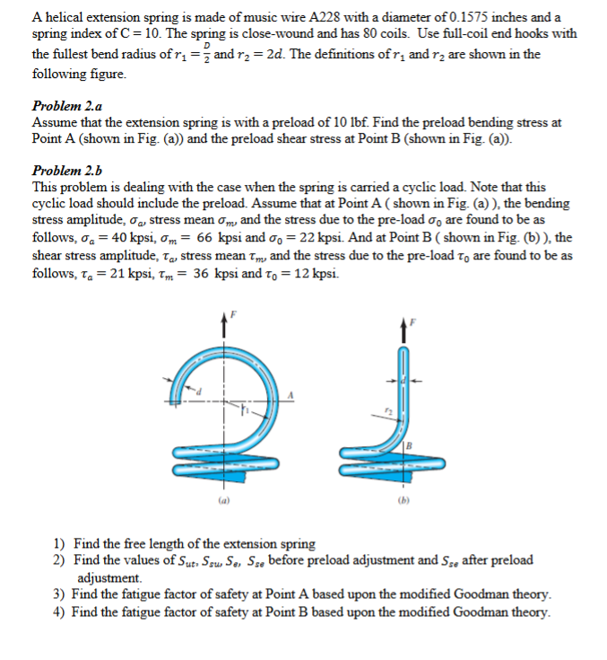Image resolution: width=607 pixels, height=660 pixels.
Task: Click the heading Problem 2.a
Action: (x=66, y=106)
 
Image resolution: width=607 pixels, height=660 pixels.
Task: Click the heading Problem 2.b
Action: (x=66, y=171)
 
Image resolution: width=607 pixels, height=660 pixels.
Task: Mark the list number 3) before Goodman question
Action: (x=58, y=594)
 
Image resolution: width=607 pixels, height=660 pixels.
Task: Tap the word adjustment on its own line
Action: (x=108, y=577)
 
